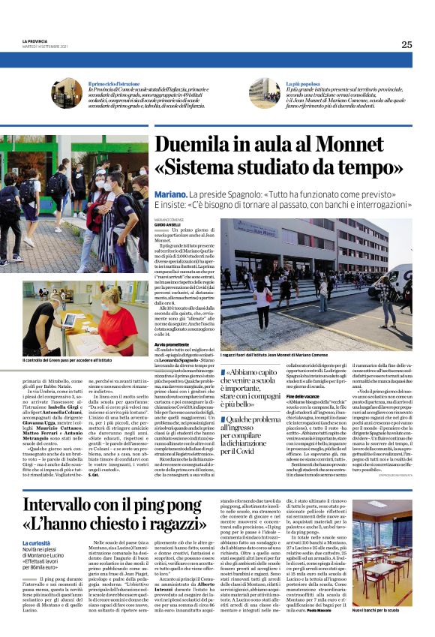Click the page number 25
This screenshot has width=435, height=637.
coord(406,44)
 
